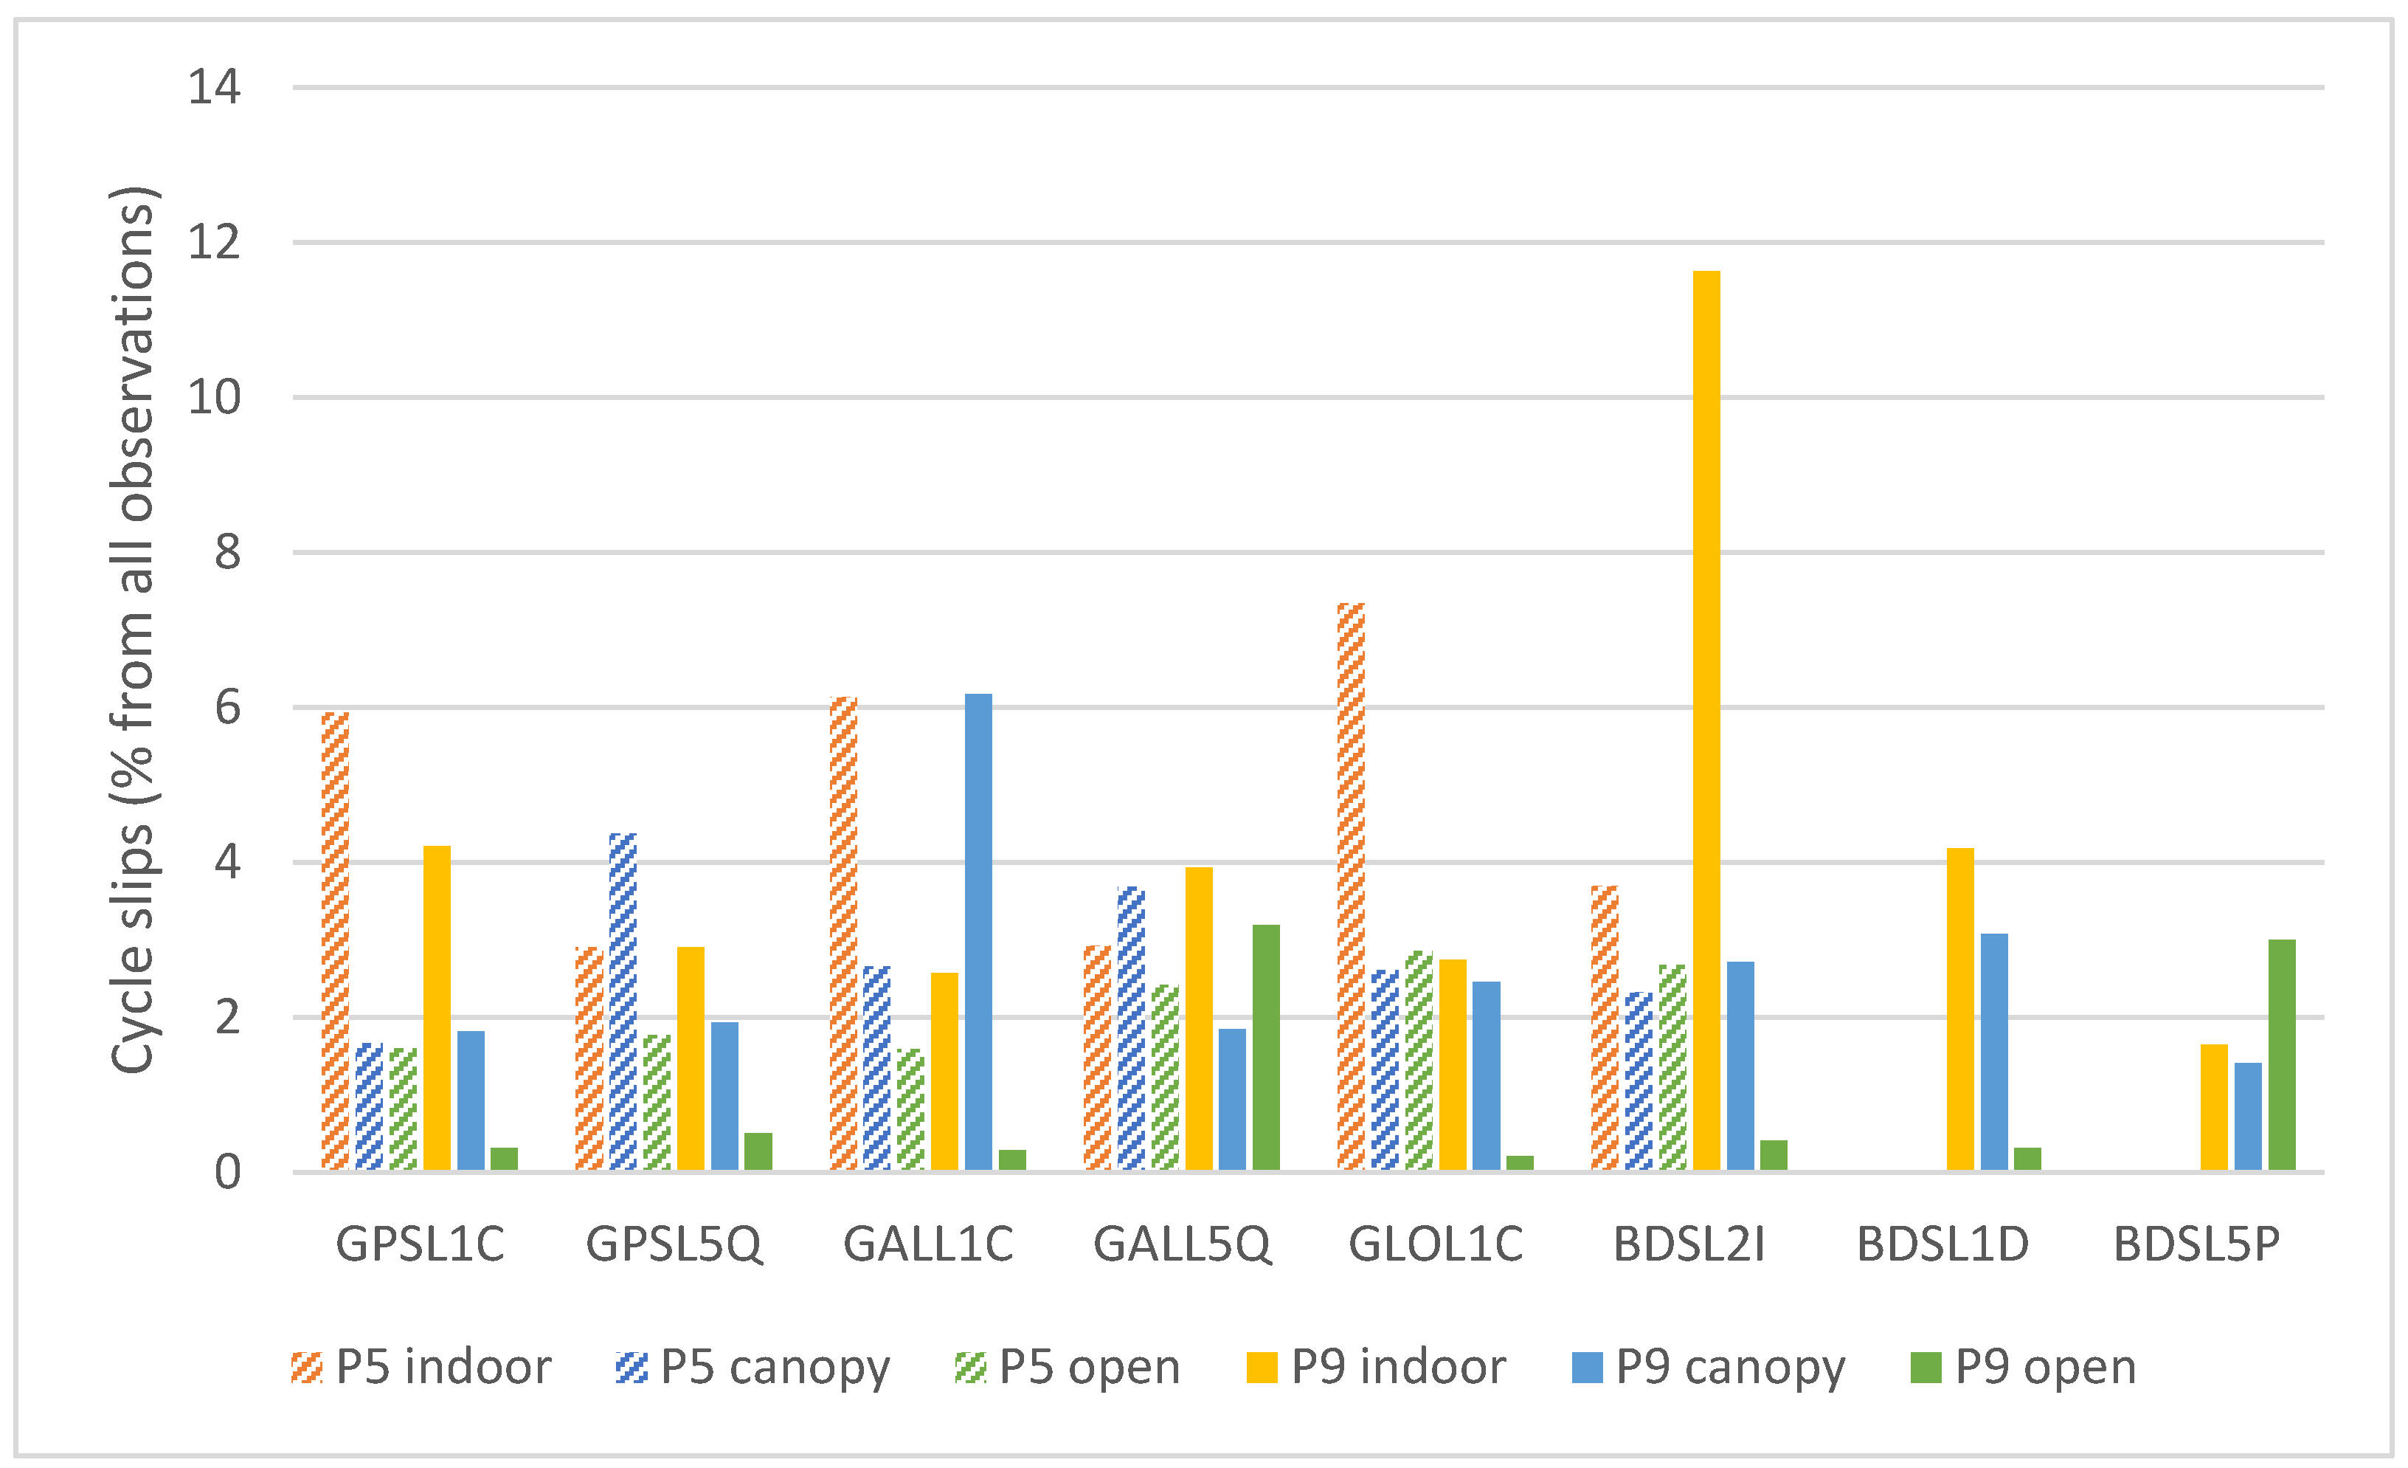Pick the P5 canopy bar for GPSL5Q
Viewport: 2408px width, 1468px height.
click(623, 1002)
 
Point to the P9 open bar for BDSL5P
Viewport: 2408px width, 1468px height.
click(2282, 1055)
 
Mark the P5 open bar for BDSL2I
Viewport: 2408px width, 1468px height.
click(1672, 1067)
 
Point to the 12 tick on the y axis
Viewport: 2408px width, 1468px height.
click(214, 242)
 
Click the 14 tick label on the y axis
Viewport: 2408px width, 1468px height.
click(214, 88)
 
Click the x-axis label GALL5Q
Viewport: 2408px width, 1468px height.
click(1182, 1245)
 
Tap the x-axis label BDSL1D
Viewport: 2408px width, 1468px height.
click(1942, 1245)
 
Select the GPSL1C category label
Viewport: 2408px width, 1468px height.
click(421, 1245)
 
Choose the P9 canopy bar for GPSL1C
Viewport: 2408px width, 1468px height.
click(471, 1100)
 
